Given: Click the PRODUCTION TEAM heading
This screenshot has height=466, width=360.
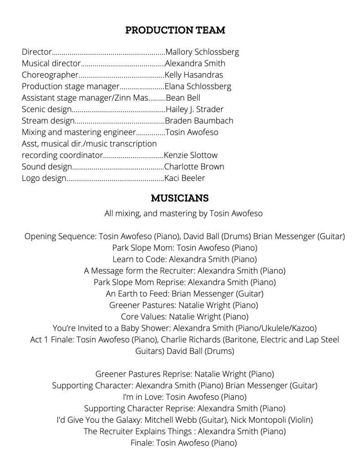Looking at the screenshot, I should tap(175, 31).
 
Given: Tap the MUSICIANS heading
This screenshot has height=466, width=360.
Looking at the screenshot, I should tap(180, 198).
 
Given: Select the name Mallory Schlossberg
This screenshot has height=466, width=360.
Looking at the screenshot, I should tap(202, 52).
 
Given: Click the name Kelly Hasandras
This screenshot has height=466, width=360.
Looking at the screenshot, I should tap(194, 75).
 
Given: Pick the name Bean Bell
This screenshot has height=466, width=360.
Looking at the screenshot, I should tap(183, 98).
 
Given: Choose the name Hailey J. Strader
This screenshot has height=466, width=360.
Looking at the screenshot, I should tap(195, 109).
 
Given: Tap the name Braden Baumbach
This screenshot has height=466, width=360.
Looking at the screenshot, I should tap(199, 121).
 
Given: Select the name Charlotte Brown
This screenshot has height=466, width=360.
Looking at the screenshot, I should tap(194, 167).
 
